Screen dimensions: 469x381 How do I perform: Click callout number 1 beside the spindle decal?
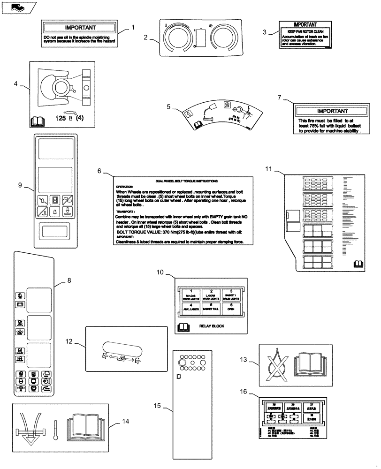click(133, 27)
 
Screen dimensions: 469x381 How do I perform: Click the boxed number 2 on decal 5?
click(227, 105)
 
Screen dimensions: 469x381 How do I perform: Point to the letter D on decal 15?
click(179, 376)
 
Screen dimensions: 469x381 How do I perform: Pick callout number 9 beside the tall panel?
click(20, 185)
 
